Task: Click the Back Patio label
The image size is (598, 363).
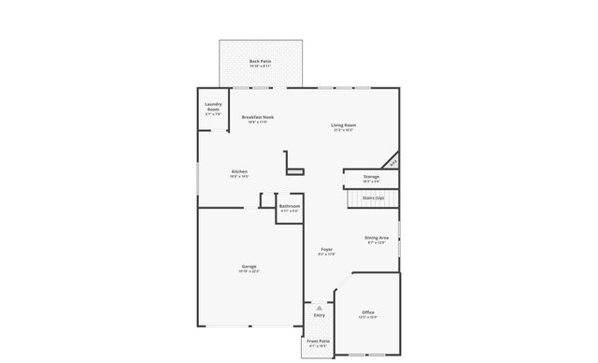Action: [x=261, y=62]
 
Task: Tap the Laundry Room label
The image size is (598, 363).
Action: [x=213, y=107]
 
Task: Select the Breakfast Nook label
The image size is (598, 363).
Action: [x=258, y=117]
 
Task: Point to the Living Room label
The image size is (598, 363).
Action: [x=343, y=124]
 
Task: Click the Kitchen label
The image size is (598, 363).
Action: [x=240, y=171]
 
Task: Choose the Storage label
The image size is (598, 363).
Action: [x=371, y=176]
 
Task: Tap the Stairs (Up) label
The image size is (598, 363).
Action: [x=374, y=197]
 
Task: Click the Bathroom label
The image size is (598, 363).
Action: [x=290, y=206]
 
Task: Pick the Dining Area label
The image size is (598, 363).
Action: [x=377, y=238]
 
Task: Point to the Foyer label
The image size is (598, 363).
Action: [x=327, y=249]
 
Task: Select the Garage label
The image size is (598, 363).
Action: [x=249, y=267]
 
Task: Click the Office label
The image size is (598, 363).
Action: [x=368, y=312]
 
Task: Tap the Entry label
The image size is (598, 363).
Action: [x=320, y=315]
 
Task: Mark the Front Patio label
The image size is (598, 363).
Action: [x=319, y=341]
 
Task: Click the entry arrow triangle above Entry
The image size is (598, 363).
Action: [x=320, y=306]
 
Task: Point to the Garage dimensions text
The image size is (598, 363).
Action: [x=249, y=272]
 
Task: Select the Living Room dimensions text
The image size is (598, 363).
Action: [x=343, y=130]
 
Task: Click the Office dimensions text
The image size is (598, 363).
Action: [x=368, y=317]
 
